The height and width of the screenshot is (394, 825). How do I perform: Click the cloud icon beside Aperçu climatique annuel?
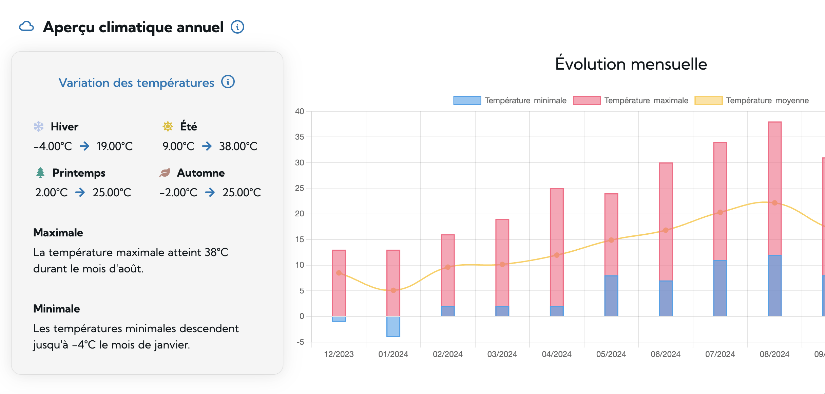tap(26, 26)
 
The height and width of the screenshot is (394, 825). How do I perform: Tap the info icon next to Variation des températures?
tap(228, 82)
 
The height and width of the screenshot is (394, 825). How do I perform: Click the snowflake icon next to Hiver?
tap(39, 126)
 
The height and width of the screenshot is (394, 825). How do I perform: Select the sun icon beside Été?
tap(168, 126)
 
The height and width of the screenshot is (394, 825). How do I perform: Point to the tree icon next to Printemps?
tap(40, 173)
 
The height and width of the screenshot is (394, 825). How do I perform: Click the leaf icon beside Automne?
tap(165, 173)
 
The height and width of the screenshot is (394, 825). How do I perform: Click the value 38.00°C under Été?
tap(238, 146)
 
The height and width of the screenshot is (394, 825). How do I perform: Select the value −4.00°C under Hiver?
tap(53, 146)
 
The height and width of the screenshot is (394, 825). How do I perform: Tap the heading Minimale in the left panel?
tap(57, 309)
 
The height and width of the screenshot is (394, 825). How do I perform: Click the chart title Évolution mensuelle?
tap(631, 64)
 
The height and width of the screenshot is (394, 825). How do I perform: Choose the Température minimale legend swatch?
tap(467, 101)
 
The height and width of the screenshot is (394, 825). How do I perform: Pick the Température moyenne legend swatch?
tap(708, 101)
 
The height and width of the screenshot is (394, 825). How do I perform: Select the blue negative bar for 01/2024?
tap(393, 327)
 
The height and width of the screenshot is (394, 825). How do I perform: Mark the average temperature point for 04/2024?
tap(557, 255)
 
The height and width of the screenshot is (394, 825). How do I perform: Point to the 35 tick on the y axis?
tap(300, 137)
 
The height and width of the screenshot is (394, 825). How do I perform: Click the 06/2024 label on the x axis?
tap(666, 354)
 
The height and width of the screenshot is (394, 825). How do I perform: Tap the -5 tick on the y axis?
tap(300, 342)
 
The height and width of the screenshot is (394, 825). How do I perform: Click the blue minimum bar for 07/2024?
tap(720, 289)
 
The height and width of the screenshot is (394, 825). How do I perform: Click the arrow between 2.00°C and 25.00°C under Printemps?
tap(80, 193)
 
